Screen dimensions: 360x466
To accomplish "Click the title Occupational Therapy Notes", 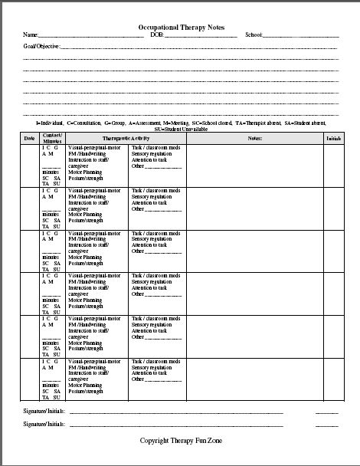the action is tap(182, 26).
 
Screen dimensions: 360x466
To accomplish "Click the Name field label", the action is tap(31, 35).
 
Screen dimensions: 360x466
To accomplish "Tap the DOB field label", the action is tap(157, 35).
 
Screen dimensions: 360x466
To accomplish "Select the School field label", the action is tap(254, 35).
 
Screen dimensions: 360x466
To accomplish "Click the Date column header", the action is tap(29, 139).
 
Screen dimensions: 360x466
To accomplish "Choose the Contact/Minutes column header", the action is tap(52, 139).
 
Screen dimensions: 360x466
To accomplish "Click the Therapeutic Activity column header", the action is tap(126, 138).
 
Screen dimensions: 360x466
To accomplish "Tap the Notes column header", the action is tap(255, 138).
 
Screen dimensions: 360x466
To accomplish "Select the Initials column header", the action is tap(333, 138).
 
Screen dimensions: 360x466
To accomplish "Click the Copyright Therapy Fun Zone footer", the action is tap(182, 441).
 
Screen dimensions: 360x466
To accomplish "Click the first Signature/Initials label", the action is tap(44, 412).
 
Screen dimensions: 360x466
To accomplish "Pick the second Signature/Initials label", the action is tap(44, 423).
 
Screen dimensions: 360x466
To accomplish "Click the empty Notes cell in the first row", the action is tap(255, 166).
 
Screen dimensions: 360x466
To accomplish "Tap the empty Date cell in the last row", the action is tap(29, 379).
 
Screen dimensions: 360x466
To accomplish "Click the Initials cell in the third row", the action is tap(333, 250).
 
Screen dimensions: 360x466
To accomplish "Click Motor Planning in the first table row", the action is tap(86, 172).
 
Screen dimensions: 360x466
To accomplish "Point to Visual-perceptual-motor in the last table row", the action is tap(94, 359).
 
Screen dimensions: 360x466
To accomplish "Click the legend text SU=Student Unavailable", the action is tap(182, 130).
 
